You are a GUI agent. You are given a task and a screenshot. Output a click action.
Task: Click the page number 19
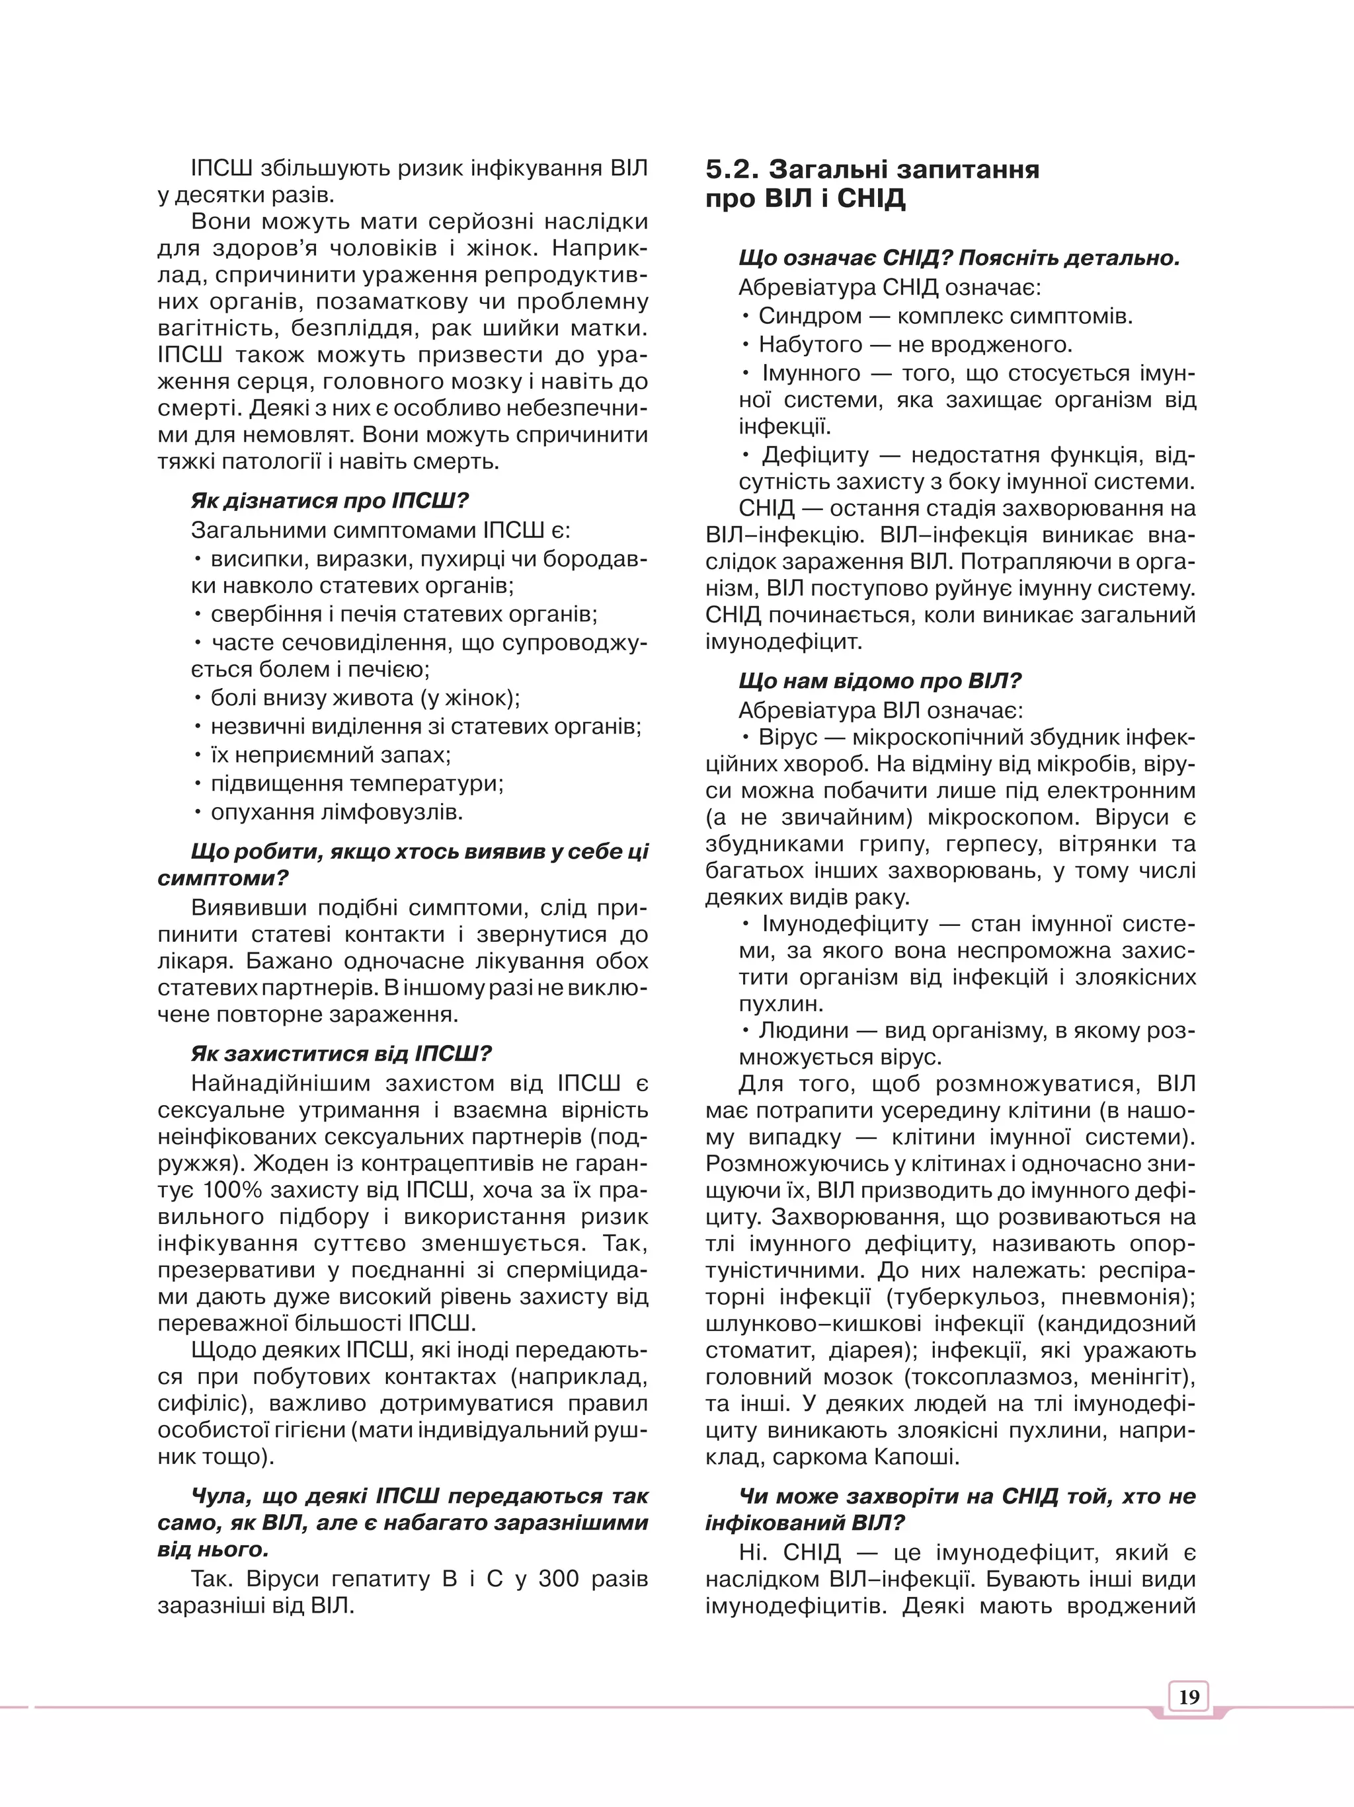[x=1189, y=1697]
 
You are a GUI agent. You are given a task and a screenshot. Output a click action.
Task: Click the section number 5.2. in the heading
[x=732, y=169]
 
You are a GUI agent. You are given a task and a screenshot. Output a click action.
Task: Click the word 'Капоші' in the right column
[x=917, y=1457]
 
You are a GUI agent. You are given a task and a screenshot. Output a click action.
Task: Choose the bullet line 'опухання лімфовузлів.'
[x=337, y=812]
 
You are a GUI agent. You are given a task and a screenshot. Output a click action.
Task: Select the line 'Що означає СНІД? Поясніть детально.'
[x=959, y=259]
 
